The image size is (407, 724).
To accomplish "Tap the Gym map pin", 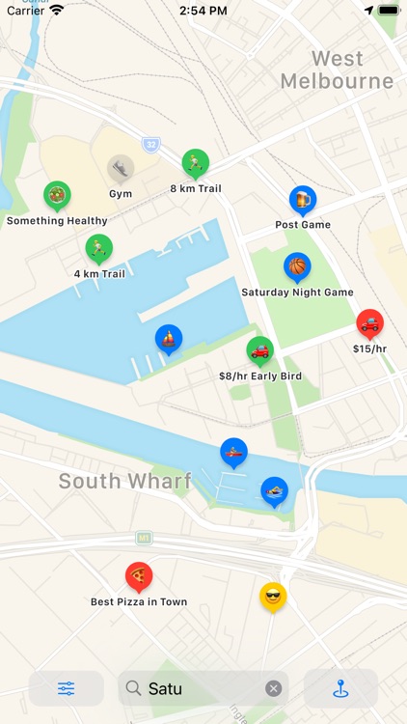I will coord(121,169).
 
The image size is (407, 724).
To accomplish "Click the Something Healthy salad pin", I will coord(57,196).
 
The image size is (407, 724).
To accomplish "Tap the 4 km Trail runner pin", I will coord(99,249).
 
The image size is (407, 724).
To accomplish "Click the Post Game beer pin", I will coord(303,200).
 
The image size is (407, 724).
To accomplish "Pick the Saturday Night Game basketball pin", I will coord(297,266).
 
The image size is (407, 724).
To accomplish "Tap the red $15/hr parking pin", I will coord(369,323).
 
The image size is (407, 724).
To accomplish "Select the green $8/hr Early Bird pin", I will coord(260,350).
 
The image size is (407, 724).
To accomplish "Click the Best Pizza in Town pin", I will coord(139,577).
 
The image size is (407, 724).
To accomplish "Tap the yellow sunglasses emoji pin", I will coord(273,598).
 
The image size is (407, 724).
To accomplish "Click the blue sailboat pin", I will coord(169,339).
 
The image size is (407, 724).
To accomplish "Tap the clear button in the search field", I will coord(274,688).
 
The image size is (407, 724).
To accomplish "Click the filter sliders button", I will coord(66,688).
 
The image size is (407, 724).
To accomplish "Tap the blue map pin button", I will coord(340,688).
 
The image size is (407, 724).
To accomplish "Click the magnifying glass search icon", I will coord(134,688).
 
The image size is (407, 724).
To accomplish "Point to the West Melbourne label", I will coord(338,70).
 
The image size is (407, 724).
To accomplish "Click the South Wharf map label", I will coord(124,481).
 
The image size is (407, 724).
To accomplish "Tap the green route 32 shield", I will coord(151,145).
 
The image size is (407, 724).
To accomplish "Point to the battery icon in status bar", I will coord(388,11).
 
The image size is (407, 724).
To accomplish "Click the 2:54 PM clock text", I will coord(203,11).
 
